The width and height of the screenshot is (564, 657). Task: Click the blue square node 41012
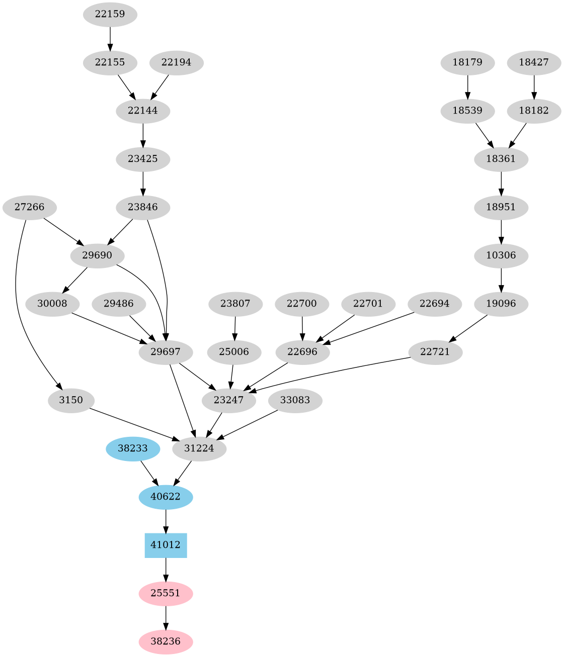click(x=166, y=545)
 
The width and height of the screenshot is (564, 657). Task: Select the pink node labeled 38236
click(x=166, y=641)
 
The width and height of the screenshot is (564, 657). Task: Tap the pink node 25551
click(x=166, y=593)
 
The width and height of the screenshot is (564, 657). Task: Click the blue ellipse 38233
click(x=133, y=448)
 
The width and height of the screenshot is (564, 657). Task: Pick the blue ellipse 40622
click(x=166, y=497)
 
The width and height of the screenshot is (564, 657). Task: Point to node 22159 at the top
click(x=110, y=14)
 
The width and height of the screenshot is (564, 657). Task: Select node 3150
click(x=71, y=400)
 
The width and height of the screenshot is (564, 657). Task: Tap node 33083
click(x=295, y=400)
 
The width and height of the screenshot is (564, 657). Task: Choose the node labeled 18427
click(x=534, y=62)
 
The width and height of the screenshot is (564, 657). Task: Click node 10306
click(x=501, y=255)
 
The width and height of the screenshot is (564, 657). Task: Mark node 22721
click(x=435, y=352)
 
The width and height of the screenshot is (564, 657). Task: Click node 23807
click(x=235, y=304)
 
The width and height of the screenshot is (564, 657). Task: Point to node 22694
click(x=435, y=304)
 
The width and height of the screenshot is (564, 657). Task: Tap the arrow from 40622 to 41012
click(x=166, y=521)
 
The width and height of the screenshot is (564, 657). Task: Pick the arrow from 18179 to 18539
click(x=468, y=86)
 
